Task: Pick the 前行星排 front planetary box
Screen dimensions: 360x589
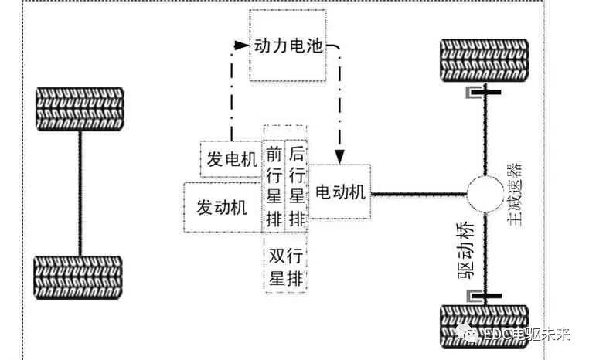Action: (x=274, y=185)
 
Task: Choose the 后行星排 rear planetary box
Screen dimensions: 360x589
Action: (x=296, y=185)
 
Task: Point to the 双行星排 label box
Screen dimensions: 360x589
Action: (x=285, y=266)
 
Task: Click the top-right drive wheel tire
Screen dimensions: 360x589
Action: (x=484, y=59)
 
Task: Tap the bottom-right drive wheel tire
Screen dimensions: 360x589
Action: (x=484, y=329)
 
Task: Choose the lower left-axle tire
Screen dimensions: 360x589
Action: (x=78, y=277)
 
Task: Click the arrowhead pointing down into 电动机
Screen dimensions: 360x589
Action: (x=339, y=157)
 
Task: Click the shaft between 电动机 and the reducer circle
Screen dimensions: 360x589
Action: (x=417, y=194)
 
